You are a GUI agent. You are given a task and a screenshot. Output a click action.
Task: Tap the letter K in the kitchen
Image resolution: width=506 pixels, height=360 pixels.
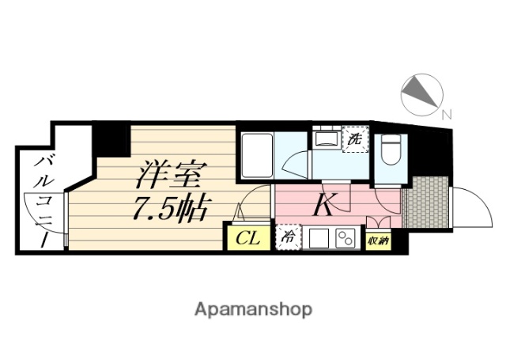(323, 206)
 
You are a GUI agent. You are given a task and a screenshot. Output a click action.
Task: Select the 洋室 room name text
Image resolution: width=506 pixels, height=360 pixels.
(176, 172)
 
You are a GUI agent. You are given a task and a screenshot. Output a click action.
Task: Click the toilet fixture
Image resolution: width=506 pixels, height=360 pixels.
(391, 150)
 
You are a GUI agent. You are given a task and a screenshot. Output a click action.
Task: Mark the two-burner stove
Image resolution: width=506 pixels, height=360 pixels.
(345, 238)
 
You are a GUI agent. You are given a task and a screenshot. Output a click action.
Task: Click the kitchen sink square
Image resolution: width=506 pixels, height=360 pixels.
(318, 238)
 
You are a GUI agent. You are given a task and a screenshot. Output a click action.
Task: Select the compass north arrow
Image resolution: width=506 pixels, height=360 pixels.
(418, 93)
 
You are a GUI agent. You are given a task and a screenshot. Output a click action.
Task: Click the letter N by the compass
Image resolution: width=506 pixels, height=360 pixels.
(447, 115)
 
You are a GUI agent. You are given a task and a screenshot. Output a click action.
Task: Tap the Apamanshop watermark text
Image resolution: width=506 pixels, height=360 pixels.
(253, 309)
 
